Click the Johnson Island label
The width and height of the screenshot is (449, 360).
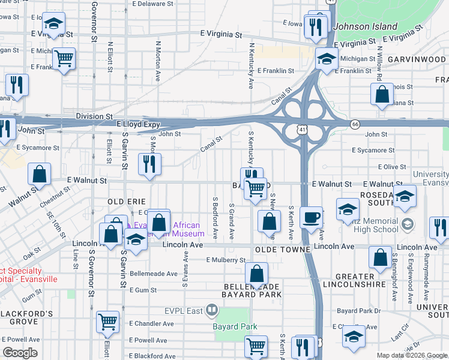click(x=365, y=26)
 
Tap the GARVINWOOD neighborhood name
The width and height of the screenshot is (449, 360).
click(x=417, y=60)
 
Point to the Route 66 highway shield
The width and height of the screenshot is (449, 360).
click(x=355, y=124)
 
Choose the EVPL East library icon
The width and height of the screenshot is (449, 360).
click(x=211, y=310)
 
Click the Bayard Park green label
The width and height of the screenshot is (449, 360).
click(x=235, y=327)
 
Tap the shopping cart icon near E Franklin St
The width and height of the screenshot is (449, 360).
click(x=64, y=58)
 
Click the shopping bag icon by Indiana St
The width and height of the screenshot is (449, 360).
click(x=382, y=94)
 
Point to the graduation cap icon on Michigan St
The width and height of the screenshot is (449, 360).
click(x=327, y=59)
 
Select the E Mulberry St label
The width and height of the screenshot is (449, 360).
click(x=226, y=260)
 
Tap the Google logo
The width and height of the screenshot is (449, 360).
click(x=20, y=353)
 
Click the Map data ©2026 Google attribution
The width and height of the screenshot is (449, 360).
click(x=411, y=355)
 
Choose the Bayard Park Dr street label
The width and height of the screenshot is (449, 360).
click(x=359, y=311)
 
